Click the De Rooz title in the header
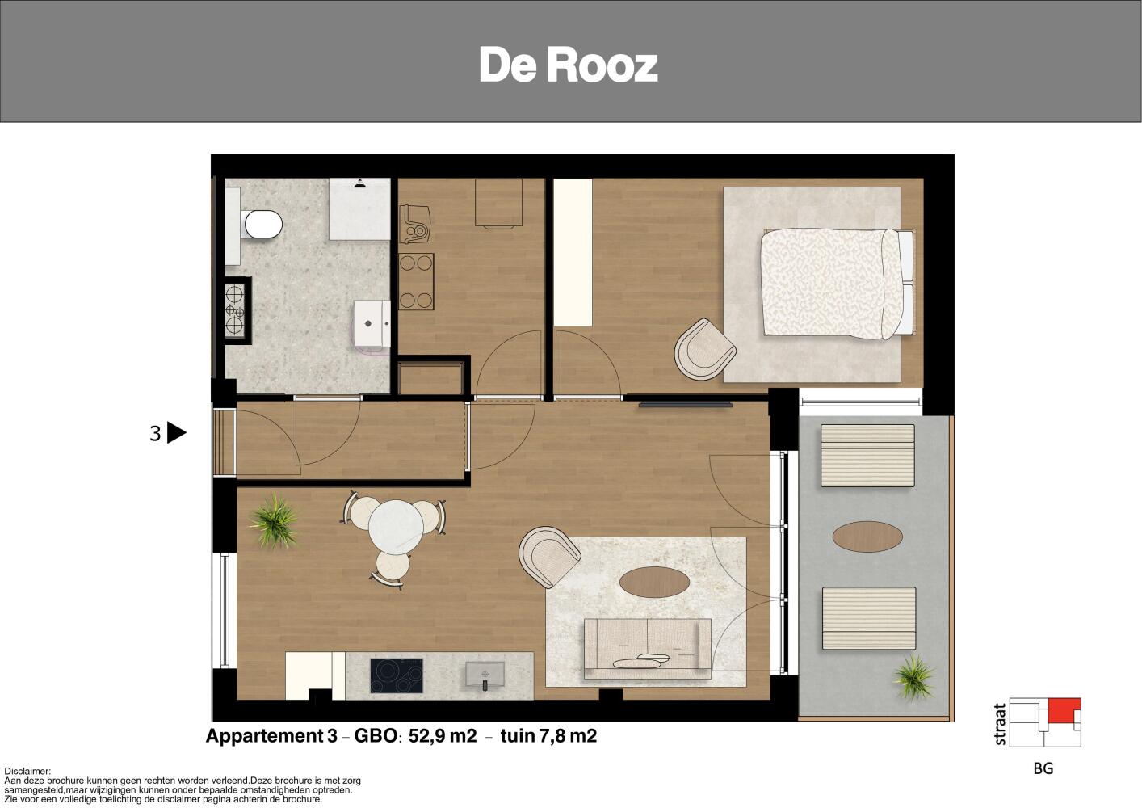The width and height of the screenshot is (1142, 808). click(x=569, y=65)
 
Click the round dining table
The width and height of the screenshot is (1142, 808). click(x=396, y=527)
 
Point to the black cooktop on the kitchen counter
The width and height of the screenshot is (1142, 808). click(x=397, y=675)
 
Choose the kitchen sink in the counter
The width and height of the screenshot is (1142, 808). click(x=485, y=675)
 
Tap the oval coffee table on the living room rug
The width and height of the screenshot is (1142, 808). click(x=655, y=582)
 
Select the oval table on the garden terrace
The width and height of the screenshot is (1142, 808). click(x=867, y=537)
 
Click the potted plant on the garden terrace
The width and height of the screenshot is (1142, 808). click(x=914, y=678)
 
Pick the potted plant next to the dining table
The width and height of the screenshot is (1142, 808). click(x=275, y=521)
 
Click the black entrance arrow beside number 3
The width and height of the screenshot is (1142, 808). click(x=176, y=433)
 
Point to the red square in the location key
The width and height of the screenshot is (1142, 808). click(x=1064, y=710)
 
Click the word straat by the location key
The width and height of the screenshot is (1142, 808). click(x=1001, y=724)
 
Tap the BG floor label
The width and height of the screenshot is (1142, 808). click(x=1043, y=768)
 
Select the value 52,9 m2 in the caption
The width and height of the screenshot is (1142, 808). click(x=443, y=736)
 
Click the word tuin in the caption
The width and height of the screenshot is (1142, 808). click(x=518, y=736)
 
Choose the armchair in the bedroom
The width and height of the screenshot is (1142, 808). click(x=705, y=349)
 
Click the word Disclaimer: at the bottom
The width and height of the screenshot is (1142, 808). click(x=27, y=772)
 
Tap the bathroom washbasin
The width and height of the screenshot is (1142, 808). click(x=372, y=324)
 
